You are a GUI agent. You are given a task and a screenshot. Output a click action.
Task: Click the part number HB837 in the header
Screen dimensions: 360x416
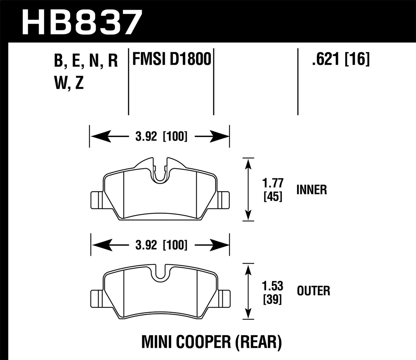pos(82,21)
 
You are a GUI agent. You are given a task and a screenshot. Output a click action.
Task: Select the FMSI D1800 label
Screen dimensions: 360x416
pos(171,60)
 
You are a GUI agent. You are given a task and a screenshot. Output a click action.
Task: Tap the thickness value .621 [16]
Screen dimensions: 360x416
pos(340,60)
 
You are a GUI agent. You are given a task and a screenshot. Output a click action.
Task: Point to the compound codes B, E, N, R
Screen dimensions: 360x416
pos(86,61)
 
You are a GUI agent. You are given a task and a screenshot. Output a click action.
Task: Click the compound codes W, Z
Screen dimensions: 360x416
pos(69,83)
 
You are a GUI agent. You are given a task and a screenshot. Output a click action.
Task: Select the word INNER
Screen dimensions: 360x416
pos(311,190)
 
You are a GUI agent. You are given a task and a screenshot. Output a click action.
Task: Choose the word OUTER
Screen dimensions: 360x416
pos(313,291)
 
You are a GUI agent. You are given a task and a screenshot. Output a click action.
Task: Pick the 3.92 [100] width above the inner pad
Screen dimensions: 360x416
pos(160,136)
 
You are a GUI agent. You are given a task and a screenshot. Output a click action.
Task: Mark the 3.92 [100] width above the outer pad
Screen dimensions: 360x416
pos(160,245)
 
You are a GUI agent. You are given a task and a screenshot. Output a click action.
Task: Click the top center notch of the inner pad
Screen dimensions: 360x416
pos(160,171)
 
